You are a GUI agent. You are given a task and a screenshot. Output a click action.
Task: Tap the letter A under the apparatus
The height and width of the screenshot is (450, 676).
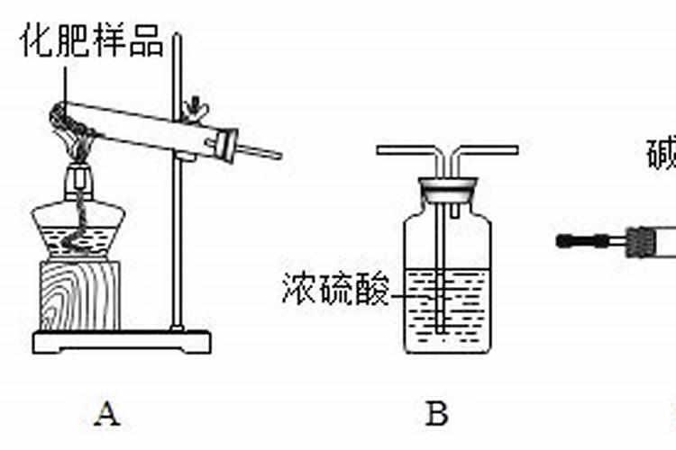point(107,415)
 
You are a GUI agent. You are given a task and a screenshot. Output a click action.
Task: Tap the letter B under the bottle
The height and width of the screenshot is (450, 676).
point(436,415)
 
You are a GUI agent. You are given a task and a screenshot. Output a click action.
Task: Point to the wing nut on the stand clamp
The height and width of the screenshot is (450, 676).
point(193,112)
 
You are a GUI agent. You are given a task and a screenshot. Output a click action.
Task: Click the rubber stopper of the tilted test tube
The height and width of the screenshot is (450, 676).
point(224,144)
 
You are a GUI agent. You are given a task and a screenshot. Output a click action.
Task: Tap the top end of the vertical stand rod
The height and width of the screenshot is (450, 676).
point(178,38)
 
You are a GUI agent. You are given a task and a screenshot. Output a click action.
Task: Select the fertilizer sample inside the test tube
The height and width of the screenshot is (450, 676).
point(68,114)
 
